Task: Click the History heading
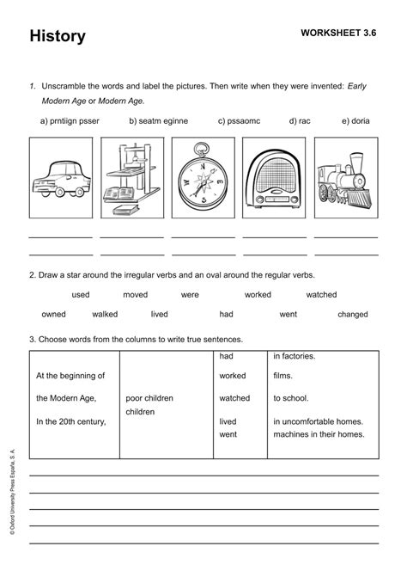[x=58, y=36]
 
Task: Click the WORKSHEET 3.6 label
[x=338, y=33]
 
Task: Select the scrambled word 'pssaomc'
[x=244, y=121]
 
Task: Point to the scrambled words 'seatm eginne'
[x=158, y=121]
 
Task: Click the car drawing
[x=60, y=180]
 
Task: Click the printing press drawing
[x=131, y=181]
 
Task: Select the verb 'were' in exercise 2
[x=190, y=295]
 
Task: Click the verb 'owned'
[x=53, y=315]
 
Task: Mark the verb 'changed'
[x=352, y=315]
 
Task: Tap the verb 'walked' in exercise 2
[x=105, y=315]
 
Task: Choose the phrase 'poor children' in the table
[x=152, y=399]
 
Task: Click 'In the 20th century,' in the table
[x=70, y=421]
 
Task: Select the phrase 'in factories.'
[x=295, y=356]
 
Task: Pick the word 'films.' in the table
[x=283, y=376]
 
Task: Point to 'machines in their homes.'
[x=319, y=434]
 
